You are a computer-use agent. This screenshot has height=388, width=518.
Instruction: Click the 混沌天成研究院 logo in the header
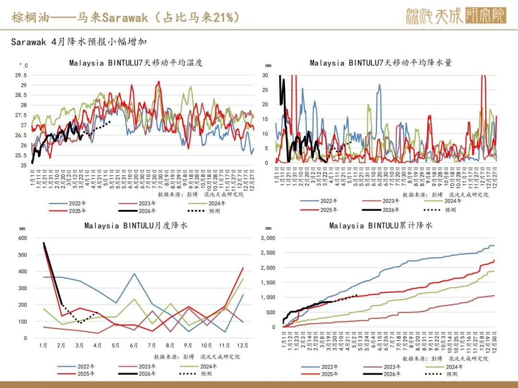click(455, 16)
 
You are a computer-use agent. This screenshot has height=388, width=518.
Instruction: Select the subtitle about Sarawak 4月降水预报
click(79, 42)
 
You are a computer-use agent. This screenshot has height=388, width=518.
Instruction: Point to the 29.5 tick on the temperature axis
click(21, 75)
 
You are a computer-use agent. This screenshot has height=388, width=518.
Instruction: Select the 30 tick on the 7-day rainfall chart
click(265, 75)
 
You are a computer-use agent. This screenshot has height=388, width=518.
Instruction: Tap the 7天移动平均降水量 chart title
click(381, 63)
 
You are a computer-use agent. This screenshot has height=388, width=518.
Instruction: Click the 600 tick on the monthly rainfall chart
click(22, 238)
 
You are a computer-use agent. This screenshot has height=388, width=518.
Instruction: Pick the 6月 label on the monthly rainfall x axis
click(133, 345)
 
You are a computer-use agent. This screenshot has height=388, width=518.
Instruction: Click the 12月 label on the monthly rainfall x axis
click(242, 345)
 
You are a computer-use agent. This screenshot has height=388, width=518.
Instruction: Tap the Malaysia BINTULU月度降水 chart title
click(136, 225)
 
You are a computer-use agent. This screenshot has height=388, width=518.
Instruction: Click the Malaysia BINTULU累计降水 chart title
click(381, 225)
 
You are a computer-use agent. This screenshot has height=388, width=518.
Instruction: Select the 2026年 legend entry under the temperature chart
click(147, 211)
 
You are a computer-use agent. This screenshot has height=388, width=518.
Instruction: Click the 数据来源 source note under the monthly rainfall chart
click(197, 357)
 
